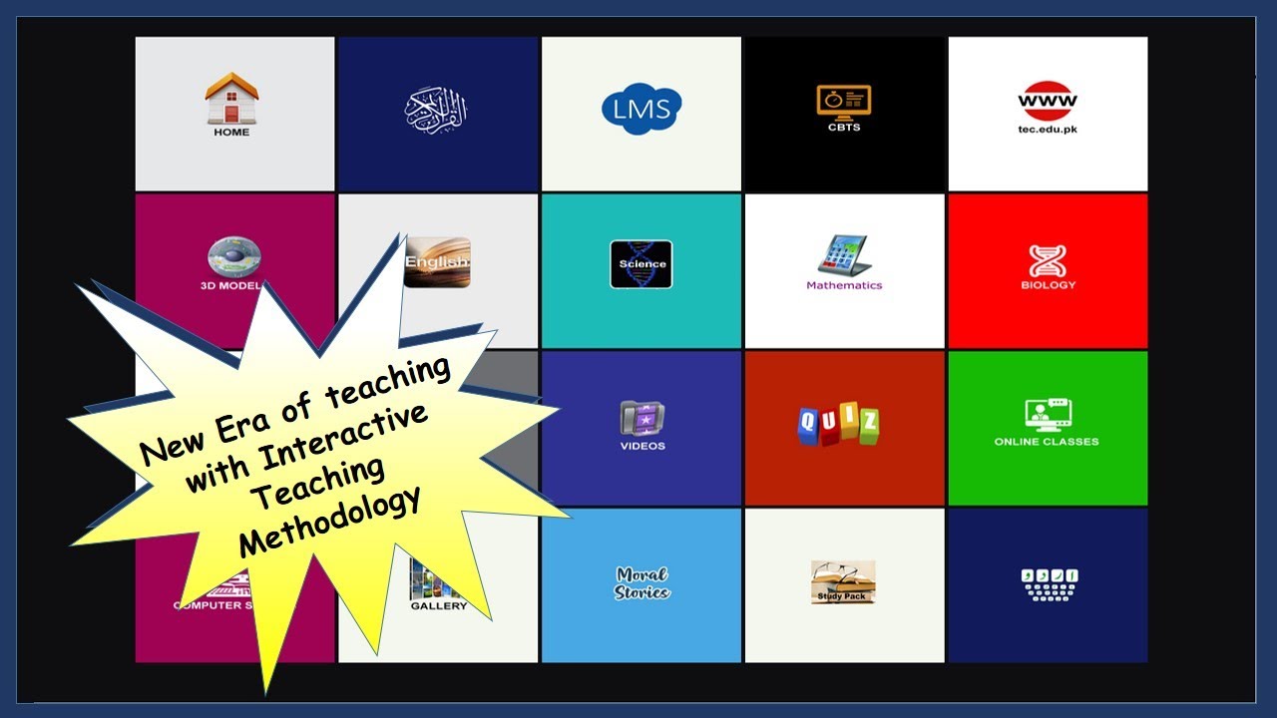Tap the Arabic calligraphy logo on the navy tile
435,109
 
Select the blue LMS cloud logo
641,109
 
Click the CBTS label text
843,128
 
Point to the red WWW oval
1048,101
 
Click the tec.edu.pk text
1048,129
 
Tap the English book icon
438,262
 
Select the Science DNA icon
641,264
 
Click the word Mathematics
844,285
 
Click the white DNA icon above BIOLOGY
1048,260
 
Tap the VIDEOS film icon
641,418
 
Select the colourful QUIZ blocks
839,424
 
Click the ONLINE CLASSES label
1047,442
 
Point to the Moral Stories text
641,583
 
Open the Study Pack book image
843,581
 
